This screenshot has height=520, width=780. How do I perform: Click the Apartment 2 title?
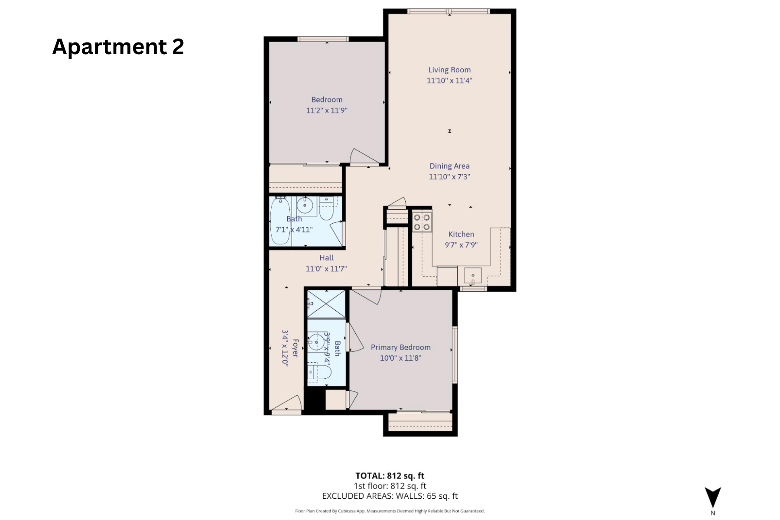coord(118,46)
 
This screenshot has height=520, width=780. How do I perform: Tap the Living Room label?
coord(449,70)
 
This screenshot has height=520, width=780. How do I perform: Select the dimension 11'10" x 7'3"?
coord(449,177)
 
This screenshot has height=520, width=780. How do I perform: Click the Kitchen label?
coord(461,234)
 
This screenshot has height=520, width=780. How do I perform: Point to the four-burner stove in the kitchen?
coord(422,222)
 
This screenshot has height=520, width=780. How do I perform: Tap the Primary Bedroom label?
coord(400,348)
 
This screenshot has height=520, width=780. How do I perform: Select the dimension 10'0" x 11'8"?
coord(400,358)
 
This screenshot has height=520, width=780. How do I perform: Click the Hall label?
coord(326,258)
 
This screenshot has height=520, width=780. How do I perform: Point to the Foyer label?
coord(296,348)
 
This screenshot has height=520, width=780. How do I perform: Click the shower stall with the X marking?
coord(326,303)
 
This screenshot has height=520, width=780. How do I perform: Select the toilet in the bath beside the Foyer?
coord(320,372)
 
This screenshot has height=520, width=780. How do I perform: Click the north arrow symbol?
coord(712,497)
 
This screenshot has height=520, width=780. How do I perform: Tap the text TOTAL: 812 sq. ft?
coord(390,476)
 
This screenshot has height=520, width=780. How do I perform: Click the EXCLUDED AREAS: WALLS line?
coord(390,496)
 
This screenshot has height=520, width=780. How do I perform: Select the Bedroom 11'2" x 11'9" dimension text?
coord(327,110)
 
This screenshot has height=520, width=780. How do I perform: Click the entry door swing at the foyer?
coord(288,403)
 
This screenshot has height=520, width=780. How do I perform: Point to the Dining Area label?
coord(449,166)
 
